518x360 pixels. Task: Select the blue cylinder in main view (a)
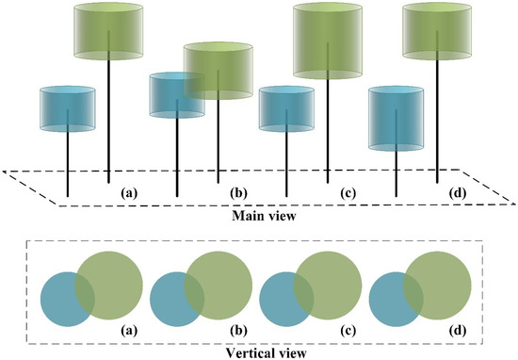(x=68, y=108)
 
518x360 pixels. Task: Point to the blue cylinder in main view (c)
(x=286, y=108)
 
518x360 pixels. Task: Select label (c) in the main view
(x=348, y=193)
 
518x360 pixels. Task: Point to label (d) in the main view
(x=458, y=193)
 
